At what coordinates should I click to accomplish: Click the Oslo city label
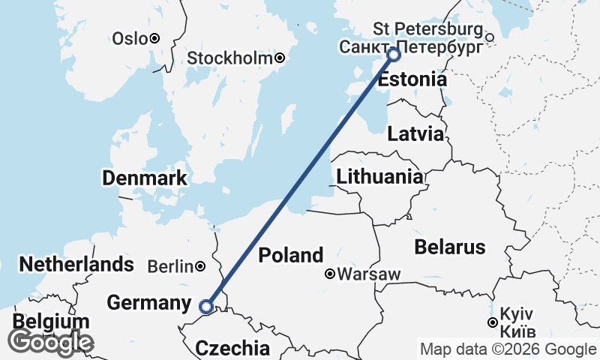129,38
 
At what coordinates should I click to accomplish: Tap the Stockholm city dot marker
280,58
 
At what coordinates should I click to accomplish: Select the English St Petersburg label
427,29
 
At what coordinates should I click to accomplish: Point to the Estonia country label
412,79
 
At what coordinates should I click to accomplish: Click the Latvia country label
415,134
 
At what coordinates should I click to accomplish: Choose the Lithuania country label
379,177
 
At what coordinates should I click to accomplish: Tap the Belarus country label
451,247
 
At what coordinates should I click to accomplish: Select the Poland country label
291,255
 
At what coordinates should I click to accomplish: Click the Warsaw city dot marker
329,274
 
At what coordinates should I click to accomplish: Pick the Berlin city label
170,266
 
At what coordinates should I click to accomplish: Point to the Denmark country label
144,178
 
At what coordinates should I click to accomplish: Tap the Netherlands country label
76,264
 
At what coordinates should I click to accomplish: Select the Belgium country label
51,322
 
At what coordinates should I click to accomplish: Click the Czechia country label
232,348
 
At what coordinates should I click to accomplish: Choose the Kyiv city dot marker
492,322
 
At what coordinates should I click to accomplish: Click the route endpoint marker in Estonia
393,55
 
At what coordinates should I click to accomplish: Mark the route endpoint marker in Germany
206,306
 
